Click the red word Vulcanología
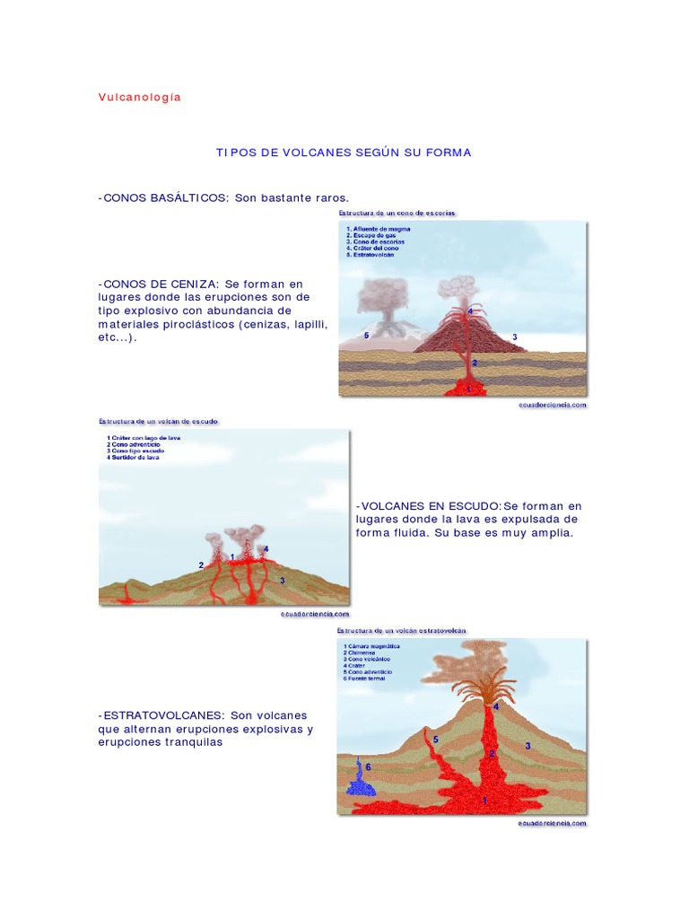140,97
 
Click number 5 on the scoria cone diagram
367,335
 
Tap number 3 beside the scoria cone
514,337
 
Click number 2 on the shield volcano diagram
201,565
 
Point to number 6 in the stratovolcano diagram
368,767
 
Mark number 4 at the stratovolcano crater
496,707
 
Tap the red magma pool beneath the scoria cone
467,389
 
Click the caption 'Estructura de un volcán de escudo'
159,421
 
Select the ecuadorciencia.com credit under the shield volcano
312,614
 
